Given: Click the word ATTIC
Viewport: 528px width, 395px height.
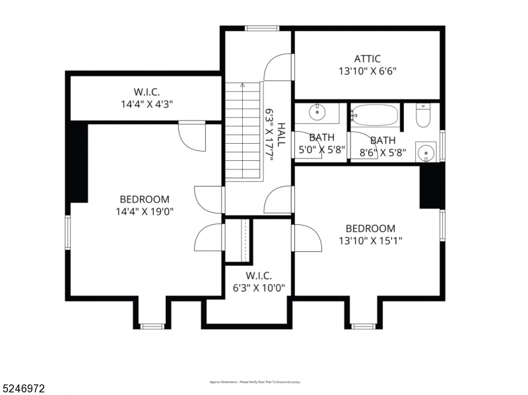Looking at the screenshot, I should [367, 59].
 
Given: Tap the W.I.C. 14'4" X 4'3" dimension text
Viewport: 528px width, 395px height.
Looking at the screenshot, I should [146, 104].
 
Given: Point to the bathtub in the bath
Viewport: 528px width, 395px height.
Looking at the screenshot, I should [375, 115].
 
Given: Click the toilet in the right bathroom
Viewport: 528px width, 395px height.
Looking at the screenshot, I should [424, 117].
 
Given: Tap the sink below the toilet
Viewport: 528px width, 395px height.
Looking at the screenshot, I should [427, 153].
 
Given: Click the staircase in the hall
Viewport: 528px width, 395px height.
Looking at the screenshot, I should [243, 132].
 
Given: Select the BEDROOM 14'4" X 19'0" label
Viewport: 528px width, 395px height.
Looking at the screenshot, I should [144, 205].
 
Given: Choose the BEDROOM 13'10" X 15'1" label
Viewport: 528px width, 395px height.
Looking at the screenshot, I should [370, 235].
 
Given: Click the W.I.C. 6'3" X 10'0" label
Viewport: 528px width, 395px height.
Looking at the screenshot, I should [258, 282].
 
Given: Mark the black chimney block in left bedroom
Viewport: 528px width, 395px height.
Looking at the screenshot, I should [77, 162].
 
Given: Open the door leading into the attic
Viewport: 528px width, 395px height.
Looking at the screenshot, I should [279, 67].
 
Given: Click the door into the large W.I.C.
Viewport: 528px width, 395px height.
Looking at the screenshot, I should [191, 135].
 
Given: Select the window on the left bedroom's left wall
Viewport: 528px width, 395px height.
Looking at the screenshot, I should [67, 232].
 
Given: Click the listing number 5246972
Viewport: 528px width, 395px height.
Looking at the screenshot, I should [24, 388].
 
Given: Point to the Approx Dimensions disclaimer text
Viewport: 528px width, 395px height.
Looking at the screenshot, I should [255, 382].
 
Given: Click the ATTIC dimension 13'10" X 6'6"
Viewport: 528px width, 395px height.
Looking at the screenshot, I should [367, 71].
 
